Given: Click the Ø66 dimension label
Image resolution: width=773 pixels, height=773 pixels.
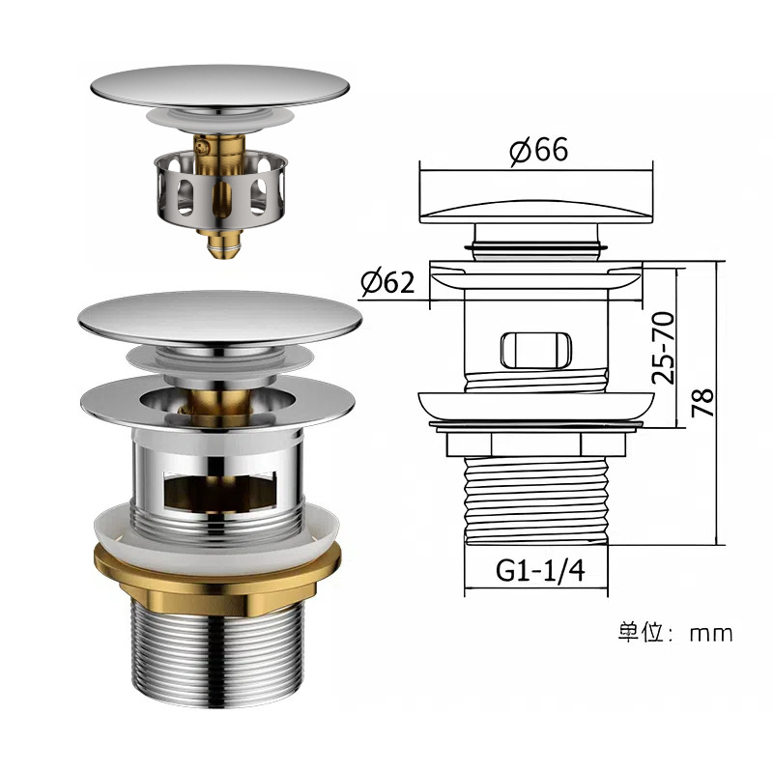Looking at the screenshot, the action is tap(539, 150).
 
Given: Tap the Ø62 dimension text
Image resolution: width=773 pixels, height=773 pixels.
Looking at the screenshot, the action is tap(387, 282).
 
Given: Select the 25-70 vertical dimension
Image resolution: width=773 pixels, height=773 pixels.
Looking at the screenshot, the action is tap(663, 348).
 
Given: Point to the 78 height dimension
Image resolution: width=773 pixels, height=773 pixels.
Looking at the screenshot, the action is tap(702, 403).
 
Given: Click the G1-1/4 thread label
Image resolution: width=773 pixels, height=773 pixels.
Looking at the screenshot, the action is tap(540, 570).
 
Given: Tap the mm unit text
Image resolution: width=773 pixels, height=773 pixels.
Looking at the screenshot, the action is tap(711, 634).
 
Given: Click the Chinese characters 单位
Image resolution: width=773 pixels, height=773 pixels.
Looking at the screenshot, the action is tap(642, 632).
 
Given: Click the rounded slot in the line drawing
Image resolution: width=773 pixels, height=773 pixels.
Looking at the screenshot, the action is tap(536, 351).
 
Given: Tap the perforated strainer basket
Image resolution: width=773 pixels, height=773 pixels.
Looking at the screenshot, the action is tap(220, 190).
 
